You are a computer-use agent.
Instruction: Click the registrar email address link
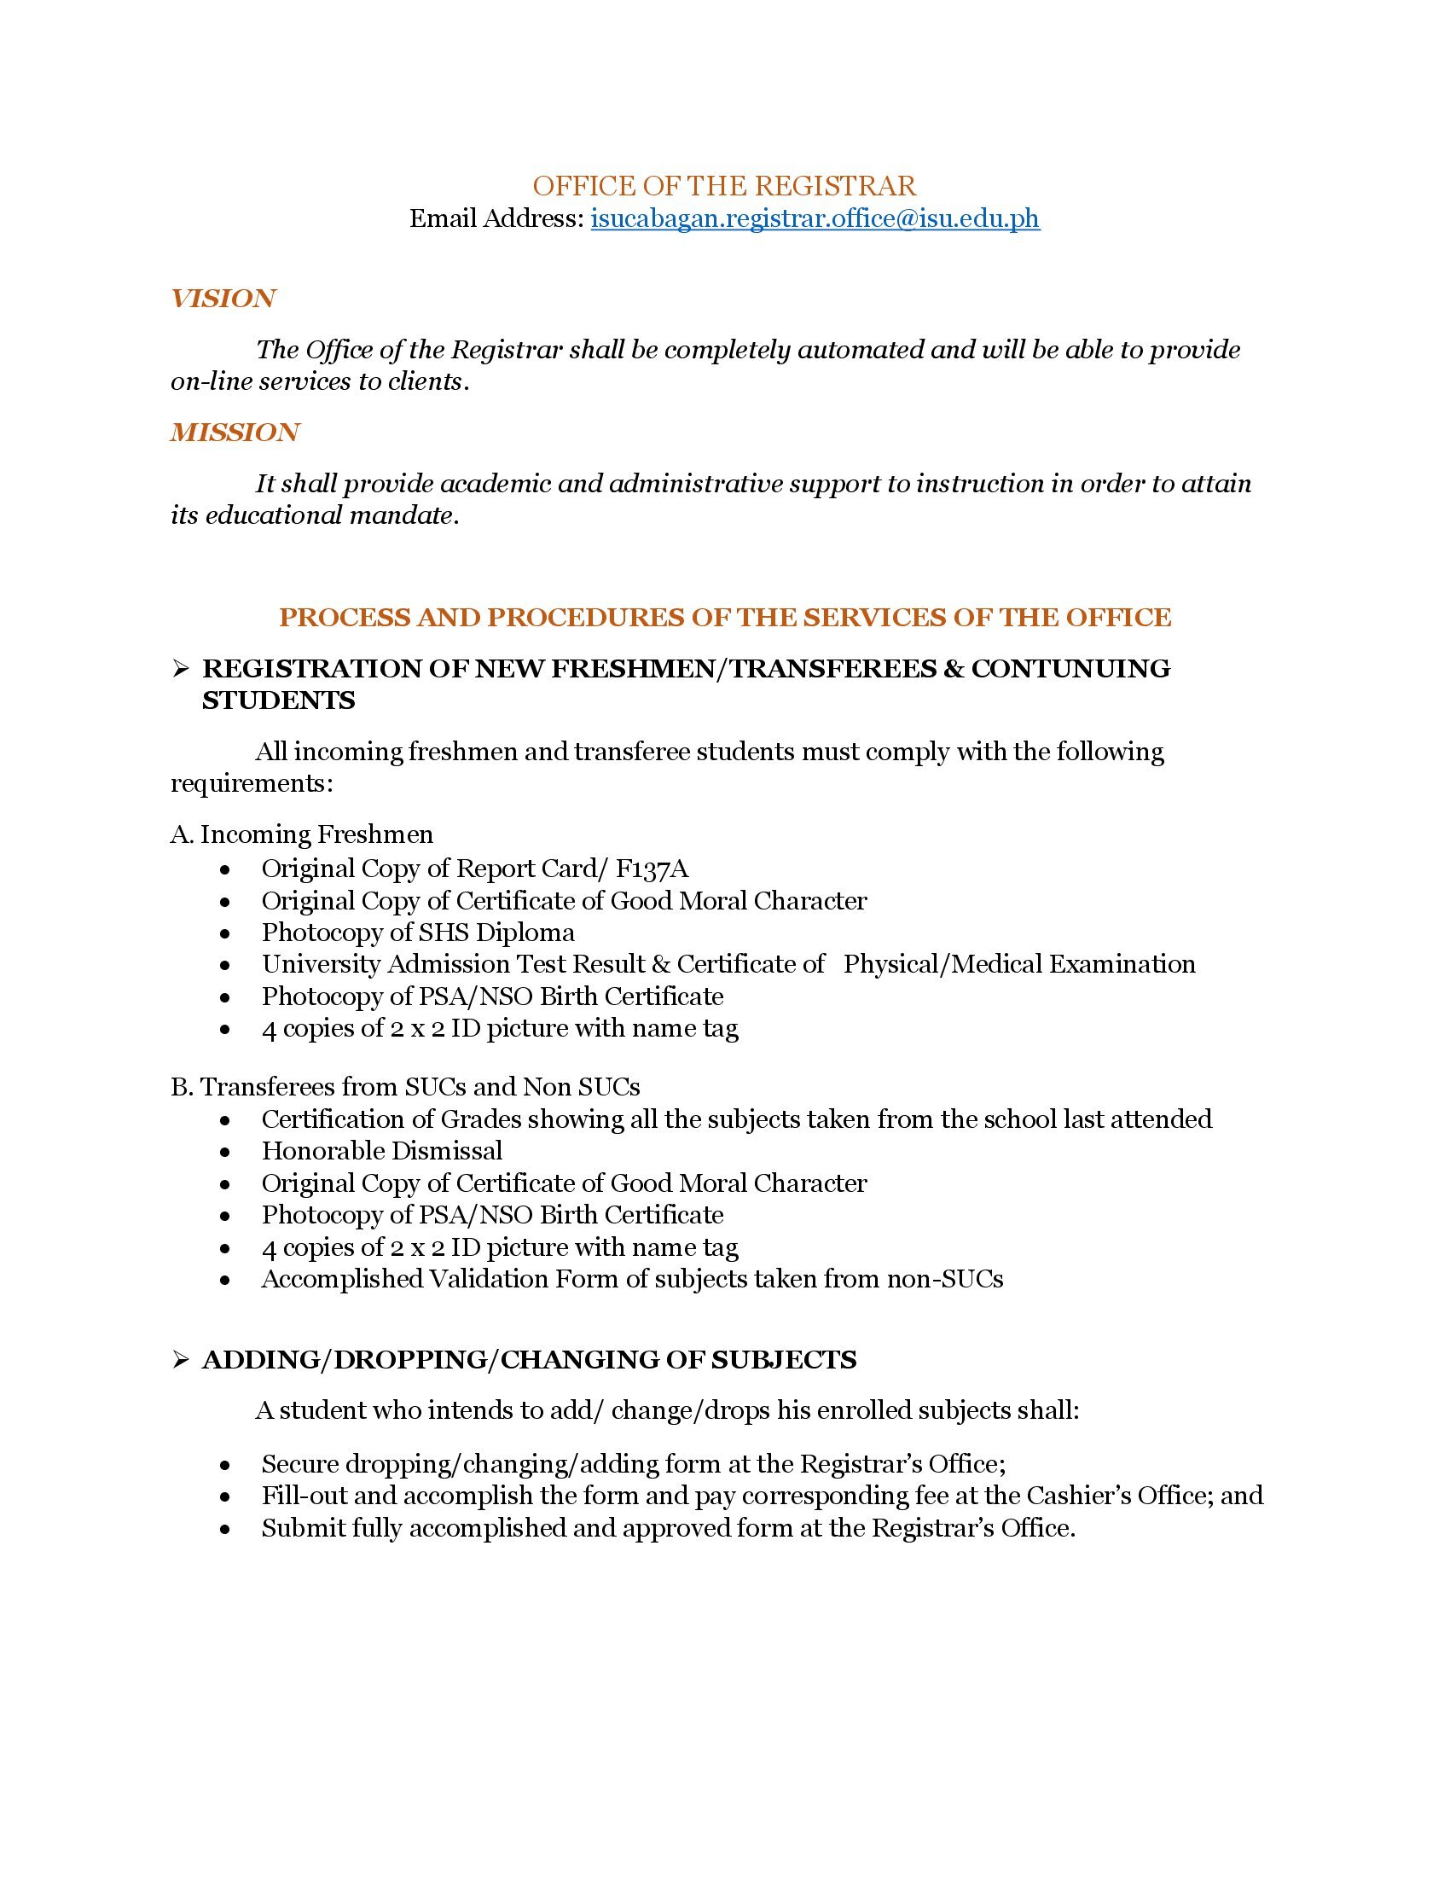coord(815,219)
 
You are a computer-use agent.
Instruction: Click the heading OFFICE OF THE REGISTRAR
coord(724,186)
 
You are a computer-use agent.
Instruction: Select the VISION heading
coord(223,299)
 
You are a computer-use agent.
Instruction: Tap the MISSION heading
coord(235,433)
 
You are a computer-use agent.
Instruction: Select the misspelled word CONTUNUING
coord(1070,669)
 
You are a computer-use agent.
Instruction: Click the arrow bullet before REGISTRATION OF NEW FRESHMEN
coord(179,670)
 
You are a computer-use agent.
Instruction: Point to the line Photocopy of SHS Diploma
coord(417,933)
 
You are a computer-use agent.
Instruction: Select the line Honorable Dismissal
coord(381,1151)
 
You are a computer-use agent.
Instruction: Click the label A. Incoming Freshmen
coord(301,834)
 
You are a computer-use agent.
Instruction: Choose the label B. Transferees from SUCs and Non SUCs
coord(404,1087)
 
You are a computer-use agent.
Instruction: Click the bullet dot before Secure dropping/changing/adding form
coord(225,1464)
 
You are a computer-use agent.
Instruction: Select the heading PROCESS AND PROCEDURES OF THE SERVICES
coord(724,617)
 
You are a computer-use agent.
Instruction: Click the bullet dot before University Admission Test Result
coord(225,965)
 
